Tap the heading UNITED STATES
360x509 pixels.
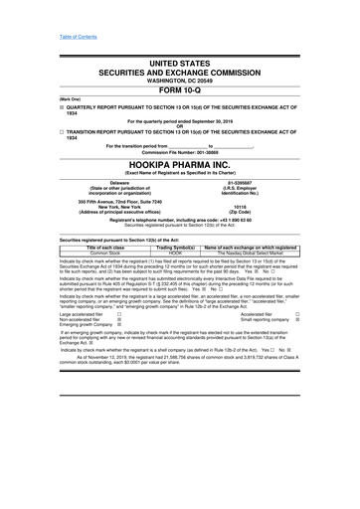[180, 62]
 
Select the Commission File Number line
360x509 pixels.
[180, 150]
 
